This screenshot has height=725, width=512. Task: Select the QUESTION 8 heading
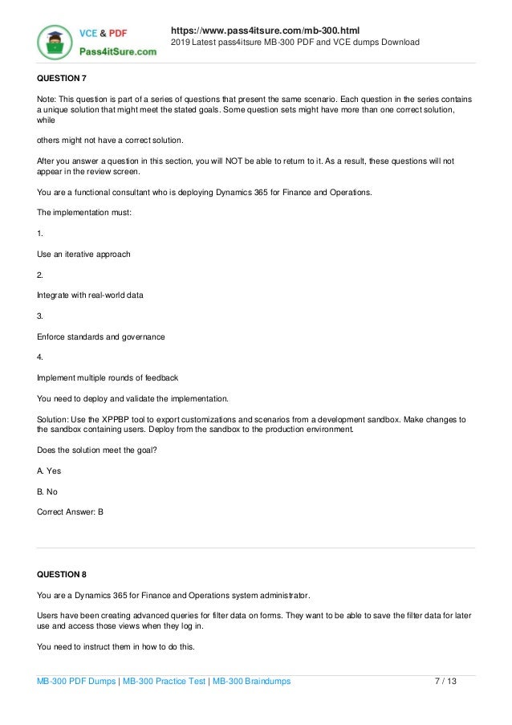(x=61, y=574)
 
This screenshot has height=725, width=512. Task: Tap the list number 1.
(x=40, y=234)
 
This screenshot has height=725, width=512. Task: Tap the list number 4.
(x=40, y=357)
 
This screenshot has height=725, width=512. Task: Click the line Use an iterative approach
(x=83, y=255)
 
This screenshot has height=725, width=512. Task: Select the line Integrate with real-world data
(x=91, y=295)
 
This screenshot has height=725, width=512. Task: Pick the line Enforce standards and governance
(x=101, y=336)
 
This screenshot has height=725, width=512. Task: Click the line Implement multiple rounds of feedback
(x=108, y=377)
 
